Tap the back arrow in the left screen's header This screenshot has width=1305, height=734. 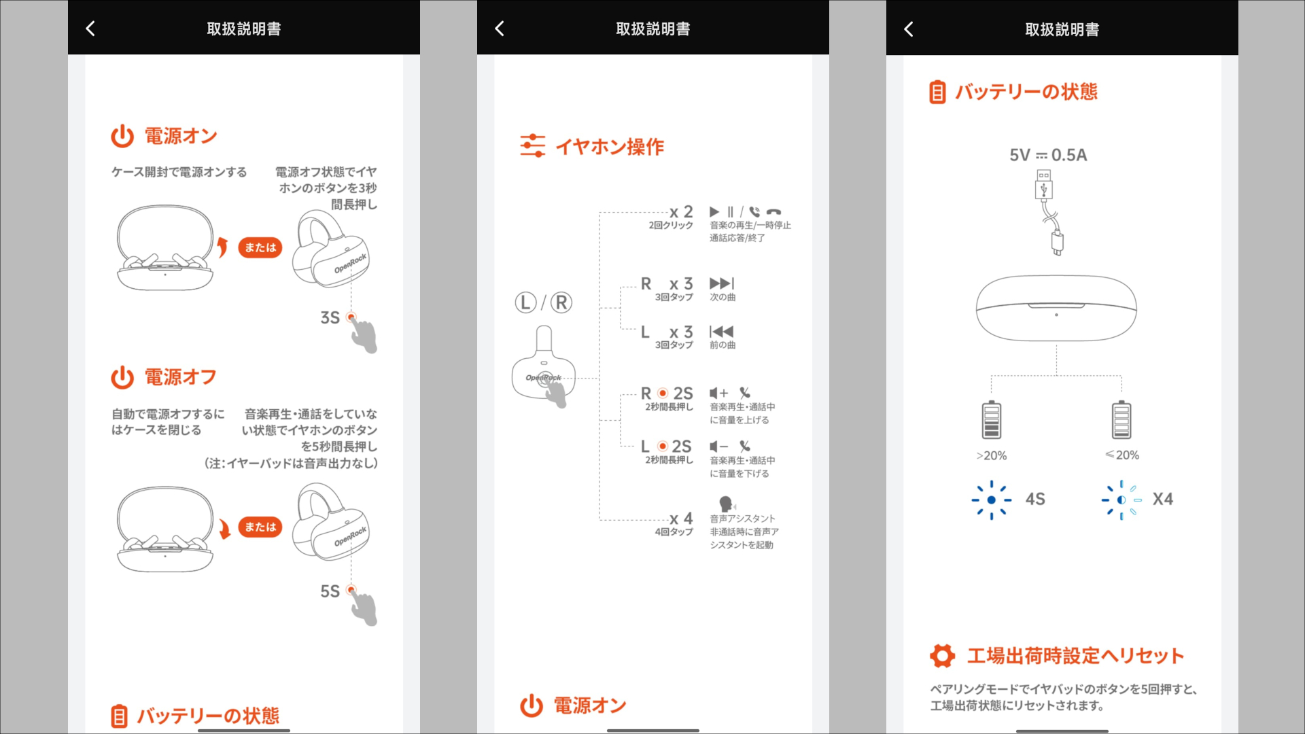click(x=90, y=29)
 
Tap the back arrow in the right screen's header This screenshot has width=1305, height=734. click(x=909, y=29)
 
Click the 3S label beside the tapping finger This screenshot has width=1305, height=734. click(x=330, y=317)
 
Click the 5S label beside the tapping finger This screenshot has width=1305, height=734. click(x=330, y=591)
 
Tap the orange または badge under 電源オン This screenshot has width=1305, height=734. click(x=260, y=247)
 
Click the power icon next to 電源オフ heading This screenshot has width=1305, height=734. click(x=122, y=377)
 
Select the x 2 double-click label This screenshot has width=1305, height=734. click(x=680, y=212)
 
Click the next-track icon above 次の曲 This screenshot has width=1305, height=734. click(x=721, y=283)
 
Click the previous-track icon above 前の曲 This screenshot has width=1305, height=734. click(x=721, y=332)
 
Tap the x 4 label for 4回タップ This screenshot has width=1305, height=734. click(x=680, y=519)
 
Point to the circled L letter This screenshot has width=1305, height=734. click(x=526, y=302)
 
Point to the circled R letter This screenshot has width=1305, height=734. click(x=561, y=302)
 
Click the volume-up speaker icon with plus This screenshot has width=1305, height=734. click(x=718, y=393)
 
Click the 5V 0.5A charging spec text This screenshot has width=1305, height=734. click(x=1047, y=155)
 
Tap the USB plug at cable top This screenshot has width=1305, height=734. click(x=1043, y=184)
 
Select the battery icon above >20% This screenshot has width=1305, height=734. click(x=991, y=420)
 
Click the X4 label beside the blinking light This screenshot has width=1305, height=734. click(x=1162, y=499)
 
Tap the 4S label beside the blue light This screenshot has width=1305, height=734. click(x=1034, y=499)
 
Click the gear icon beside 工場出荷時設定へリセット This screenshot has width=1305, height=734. click(x=942, y=656)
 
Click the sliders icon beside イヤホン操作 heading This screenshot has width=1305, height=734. click(x=532, y=145)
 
